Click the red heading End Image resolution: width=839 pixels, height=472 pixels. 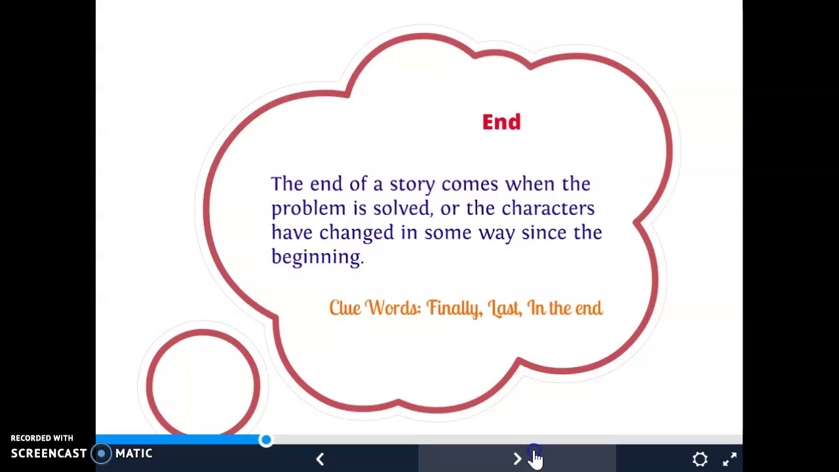[x=501, y=122]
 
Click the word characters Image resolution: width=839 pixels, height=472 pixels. [x=548, y=208]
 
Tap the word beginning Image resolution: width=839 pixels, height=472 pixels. [x=317, y=257]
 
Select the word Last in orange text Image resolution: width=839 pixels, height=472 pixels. [x=504, y=308]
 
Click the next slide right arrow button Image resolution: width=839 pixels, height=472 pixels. [x=517, y=459]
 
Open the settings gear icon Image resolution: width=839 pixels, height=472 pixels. [x=700, y=459]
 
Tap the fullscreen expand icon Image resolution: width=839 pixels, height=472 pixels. [x=730, y=459]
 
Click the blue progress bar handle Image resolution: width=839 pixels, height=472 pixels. [x=265, y=440]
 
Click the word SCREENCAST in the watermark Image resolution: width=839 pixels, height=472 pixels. [x=49, y=454]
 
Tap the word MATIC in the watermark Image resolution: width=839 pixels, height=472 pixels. [x=134, y=454]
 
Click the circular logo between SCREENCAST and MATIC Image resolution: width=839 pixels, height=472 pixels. [x=101, y=454]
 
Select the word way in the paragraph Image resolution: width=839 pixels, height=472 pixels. [x=496, y=233]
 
